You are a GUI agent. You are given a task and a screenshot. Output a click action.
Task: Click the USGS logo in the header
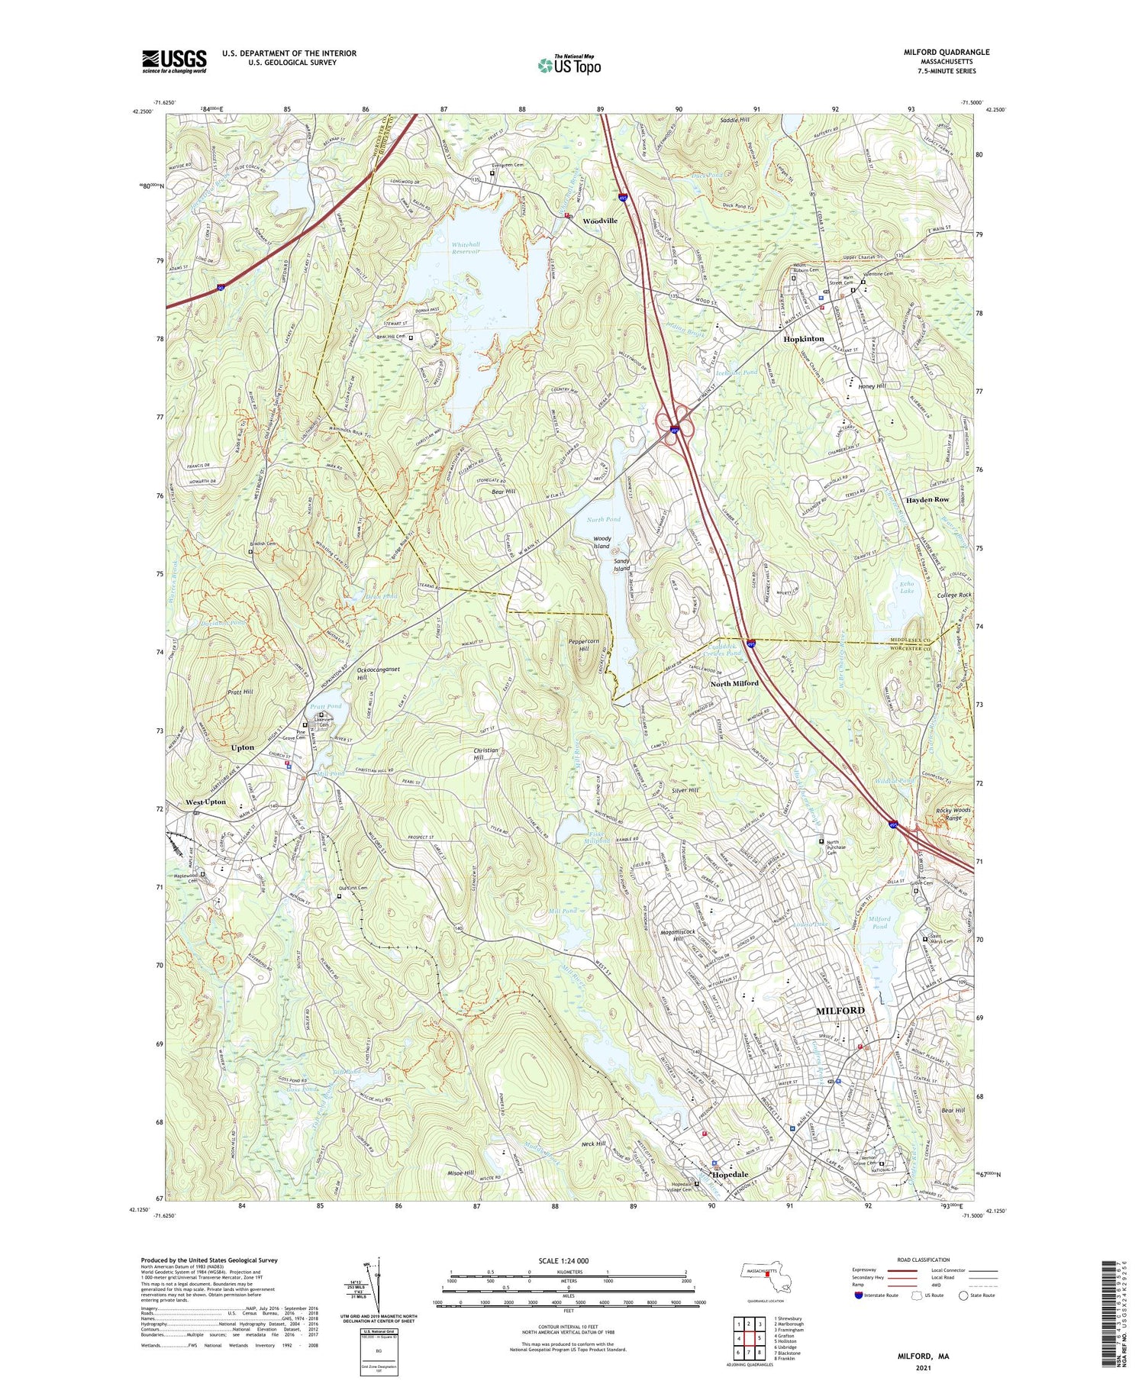(x=174, y=61)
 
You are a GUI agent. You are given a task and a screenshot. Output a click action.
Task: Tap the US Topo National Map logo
(x=569, y=64)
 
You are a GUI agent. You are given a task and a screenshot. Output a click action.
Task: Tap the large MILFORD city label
(x=840, y=1010)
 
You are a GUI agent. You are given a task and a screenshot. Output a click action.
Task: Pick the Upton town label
(x=243, y=747)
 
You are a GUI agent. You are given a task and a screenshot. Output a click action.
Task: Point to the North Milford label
(x=734, y=683)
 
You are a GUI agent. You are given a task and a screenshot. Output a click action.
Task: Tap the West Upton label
(x=206, y=802)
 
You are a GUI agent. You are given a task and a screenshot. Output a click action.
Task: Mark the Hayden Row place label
(x=927, y=499)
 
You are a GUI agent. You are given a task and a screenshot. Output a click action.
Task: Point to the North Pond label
(x=604, y=519)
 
